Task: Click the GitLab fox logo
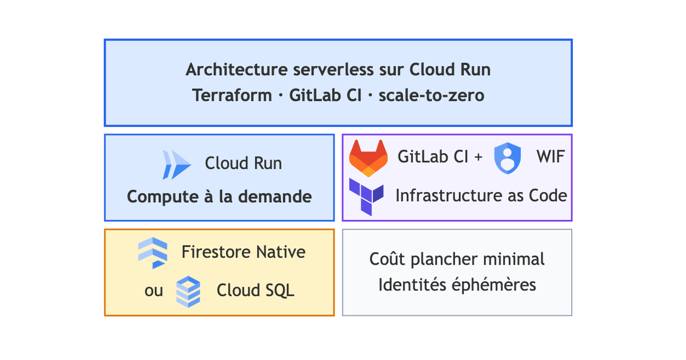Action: pos(368,158)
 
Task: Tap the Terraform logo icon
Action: pos(366,197)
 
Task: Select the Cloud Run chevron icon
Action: pos(177,165)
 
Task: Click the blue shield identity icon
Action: pos(508,158)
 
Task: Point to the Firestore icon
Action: pos(153,253)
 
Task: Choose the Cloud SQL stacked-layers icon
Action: pos(188,291)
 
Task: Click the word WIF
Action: pos(551,157)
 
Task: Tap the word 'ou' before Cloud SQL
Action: pos(154,291)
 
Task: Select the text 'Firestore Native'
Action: pos(244,252)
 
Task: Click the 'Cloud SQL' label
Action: pos(256,290)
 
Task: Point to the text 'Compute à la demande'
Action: pos(220,197)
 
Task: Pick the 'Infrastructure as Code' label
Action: pos(481,195)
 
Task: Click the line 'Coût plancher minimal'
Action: pos(457,259)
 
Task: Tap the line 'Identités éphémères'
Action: pos(457,285)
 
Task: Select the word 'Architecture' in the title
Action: pos(237,70)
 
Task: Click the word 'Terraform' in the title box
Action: pos(232,95)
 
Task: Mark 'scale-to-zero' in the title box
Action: pos(431,95)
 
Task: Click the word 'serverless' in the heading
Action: pos(333,70)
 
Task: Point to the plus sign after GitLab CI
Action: pos(478,157)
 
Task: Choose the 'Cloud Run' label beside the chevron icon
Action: pos(244,163)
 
